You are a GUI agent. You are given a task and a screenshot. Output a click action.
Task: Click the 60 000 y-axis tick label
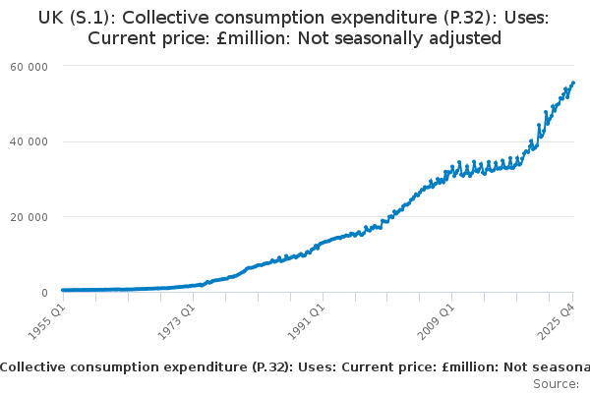click(29, 65)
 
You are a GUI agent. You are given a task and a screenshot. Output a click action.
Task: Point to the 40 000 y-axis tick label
click(29, 141)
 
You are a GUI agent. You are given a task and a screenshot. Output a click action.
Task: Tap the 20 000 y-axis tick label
click(29, 217)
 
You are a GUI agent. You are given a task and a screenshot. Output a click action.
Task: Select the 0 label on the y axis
click(43, 293)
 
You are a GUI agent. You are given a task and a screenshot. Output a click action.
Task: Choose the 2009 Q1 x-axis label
click(434, 319)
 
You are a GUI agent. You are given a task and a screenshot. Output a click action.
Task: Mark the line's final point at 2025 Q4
click(573, 84)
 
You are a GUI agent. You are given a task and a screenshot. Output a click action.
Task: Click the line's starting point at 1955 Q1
click(63, 291)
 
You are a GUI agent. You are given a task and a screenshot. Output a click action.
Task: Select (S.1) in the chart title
click(95, 17)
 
